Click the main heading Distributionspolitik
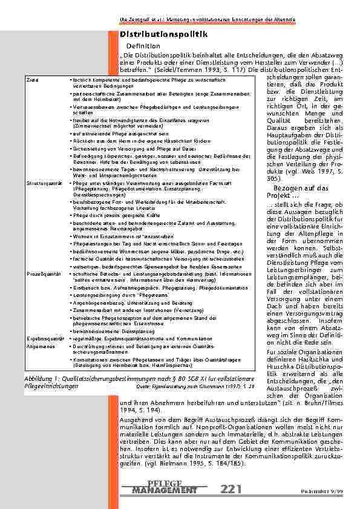click(x=157, y=35)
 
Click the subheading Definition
click(x=143, y=46)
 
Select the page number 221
click(x=233, y=489)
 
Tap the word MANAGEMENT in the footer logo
click(x=165, y=490)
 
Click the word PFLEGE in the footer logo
click(x=165, y=483)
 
